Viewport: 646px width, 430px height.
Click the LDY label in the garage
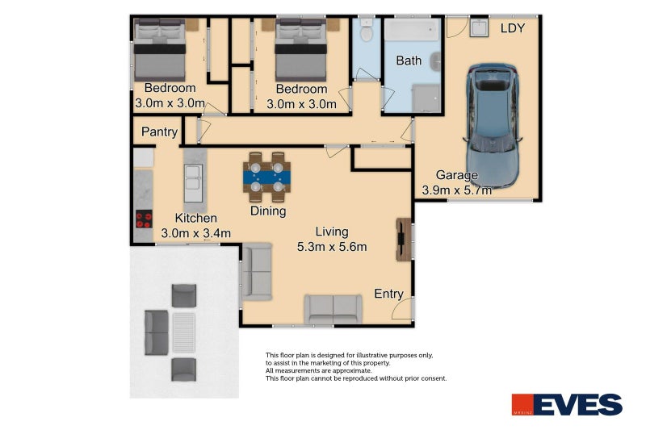click(513, 28)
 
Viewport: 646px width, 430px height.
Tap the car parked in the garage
click(493, 126)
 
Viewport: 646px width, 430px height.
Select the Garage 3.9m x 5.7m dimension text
click(456, 182)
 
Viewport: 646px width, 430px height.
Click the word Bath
click(409, 61)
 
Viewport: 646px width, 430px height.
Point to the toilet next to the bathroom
click(366, 30)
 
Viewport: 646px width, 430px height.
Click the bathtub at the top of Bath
click(412, 30)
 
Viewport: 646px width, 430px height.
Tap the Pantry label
click(159, 132)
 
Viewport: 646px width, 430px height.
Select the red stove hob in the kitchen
click(144, 219)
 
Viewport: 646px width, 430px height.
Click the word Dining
click(268, 211)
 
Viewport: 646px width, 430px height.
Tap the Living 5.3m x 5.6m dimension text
click(332, 239)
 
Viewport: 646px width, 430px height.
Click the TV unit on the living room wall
click(403, 239)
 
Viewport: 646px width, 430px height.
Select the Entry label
click(388, 294)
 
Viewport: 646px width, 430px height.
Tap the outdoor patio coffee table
click(184, 332)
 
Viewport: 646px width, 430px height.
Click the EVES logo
click(568, 404)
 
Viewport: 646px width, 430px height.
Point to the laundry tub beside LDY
click(479, 27)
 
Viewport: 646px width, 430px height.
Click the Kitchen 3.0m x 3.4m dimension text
click(195, 226)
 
